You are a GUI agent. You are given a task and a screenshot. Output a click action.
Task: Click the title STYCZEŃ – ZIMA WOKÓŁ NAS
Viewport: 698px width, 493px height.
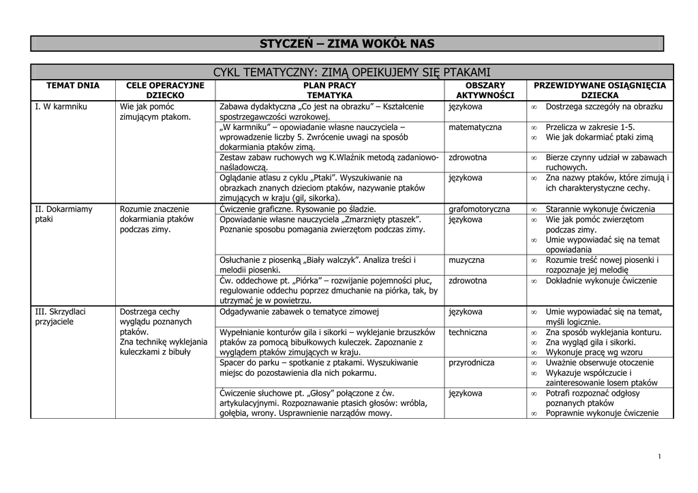[347, 44]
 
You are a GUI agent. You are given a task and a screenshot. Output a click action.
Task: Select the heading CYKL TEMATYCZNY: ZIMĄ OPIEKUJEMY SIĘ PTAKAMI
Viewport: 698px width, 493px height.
[352, 72]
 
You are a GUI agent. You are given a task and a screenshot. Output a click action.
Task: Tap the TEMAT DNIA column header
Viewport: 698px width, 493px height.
[72, 86]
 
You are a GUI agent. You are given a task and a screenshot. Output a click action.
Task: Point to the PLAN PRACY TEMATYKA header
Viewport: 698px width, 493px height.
[329, 91]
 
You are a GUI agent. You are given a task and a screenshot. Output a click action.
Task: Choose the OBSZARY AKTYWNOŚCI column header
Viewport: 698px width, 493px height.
[485, 91]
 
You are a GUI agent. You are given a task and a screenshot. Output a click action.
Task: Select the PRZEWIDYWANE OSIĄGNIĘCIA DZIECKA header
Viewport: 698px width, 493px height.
[600, 91]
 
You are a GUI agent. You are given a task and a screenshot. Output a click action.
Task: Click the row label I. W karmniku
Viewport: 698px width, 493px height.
[61, 107]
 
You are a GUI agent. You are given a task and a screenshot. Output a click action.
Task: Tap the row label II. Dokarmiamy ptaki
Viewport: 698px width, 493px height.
[63, 214]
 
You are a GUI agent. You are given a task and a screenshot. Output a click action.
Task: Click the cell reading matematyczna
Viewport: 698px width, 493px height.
[475, 127]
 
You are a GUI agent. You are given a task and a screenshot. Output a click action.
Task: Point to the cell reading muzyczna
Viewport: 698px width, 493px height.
[467, 260]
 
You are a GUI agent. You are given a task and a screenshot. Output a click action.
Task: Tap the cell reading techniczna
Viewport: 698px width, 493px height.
[468, 332]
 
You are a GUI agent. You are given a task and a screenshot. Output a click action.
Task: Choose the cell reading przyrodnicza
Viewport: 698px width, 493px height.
[472, 363]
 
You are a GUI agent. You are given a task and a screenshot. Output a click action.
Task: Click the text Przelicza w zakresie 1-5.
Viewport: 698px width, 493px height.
[590, 127]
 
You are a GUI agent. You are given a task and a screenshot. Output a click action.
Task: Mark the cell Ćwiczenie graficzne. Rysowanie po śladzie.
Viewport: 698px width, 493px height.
[298, 209]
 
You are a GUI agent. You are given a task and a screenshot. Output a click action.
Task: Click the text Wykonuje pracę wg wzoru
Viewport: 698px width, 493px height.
[594, 353]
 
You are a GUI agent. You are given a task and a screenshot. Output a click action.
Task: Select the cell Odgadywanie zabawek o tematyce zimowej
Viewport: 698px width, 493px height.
[299, 312]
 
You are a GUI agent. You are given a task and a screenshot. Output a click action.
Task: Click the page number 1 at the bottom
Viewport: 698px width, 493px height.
[660, 456]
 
